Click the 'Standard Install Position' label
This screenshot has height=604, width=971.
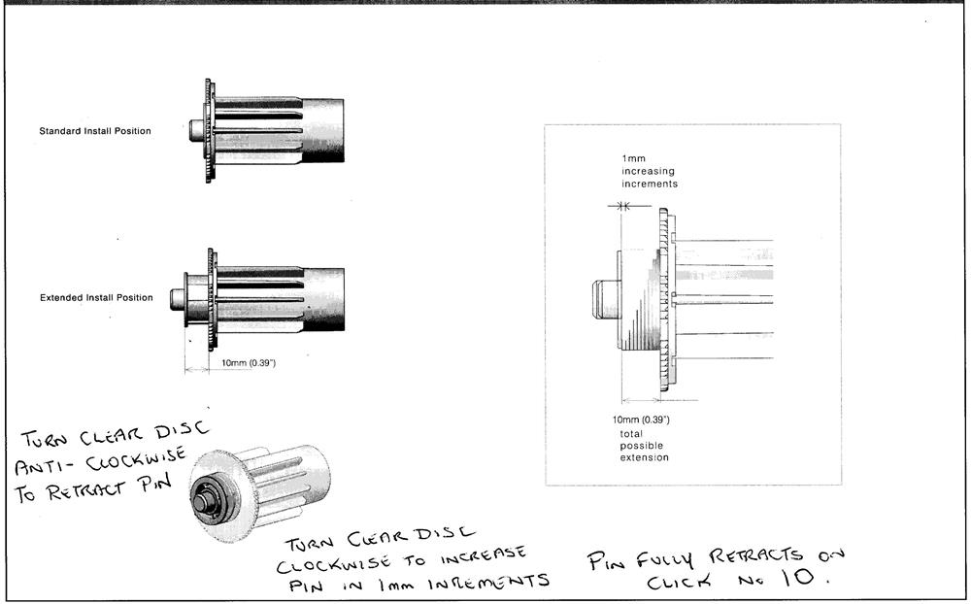tap(95, 131)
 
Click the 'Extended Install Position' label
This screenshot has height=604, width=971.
tap(96, 297)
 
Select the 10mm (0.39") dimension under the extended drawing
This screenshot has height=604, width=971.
tap(248, 363)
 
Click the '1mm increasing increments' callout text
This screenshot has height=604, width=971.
tap(650, 171)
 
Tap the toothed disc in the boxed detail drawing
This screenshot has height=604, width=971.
tap(663, 300)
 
